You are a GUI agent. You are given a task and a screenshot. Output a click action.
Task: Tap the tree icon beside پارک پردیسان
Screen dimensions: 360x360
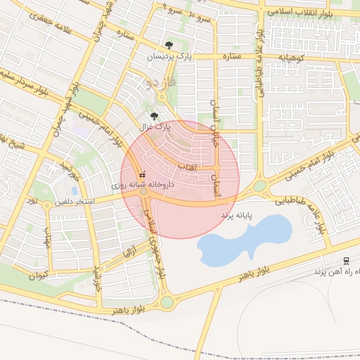pyautogui.click(x=168, y=46)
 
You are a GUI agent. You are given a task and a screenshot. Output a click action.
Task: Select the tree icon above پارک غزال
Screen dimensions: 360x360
pyautogui.click(x=155, y=116)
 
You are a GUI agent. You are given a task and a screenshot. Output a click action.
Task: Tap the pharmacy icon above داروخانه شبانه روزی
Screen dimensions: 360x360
pyautogui.click(x=142, y=173)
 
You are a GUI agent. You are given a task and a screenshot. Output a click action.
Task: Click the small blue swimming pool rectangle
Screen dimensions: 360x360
pyautogui.click(x=75, y=191)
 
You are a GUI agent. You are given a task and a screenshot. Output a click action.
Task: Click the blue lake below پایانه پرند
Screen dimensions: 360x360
pyautogui.click(x=246, y=238)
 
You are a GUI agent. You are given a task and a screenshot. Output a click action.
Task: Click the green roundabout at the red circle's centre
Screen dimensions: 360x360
pyautogui.click(x=144, y=191)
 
